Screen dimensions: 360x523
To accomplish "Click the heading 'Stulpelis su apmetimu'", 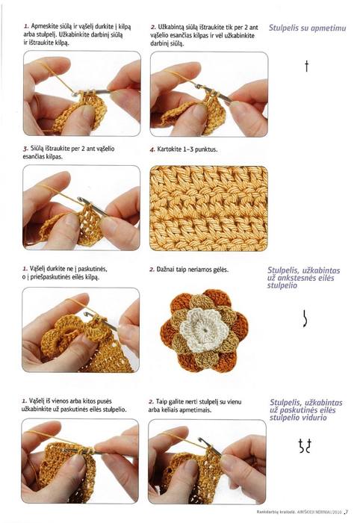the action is pos(307,28).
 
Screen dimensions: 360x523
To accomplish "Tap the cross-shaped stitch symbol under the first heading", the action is pos(307,66).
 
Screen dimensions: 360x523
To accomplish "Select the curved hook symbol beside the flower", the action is pos(305,318).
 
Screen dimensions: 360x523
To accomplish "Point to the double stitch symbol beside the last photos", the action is pos(305,445).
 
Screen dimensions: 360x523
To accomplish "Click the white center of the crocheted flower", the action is pos(203,329).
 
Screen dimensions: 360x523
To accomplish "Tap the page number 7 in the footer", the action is pos(347,511).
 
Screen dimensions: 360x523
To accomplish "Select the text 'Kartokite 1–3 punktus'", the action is pos(187,149).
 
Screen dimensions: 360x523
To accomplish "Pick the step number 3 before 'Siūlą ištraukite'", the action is pos(25,149).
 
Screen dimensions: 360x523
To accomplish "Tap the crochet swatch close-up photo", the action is pos(209,208).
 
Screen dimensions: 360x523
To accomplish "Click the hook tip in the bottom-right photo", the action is pos(201,439).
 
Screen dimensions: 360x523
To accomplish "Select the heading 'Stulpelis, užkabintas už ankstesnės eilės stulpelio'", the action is pos(303,278).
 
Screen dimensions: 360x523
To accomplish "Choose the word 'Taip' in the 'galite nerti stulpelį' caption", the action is pos(161,402).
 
